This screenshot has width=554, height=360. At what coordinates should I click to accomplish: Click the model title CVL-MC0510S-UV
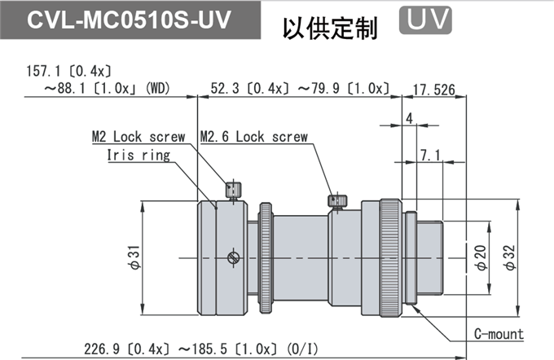click(x=129, y=20)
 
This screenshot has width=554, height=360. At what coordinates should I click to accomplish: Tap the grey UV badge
click(x=425, y=20)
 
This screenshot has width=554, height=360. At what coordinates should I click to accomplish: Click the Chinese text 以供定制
click(x=330, y=29)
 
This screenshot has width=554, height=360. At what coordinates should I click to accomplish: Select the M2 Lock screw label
click(x=138, y=137)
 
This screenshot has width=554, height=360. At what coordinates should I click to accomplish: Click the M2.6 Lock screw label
click(x=254, y=137)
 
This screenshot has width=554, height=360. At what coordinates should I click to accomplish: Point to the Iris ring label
click(x=138, y=155)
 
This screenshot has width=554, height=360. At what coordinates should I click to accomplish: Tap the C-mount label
click(x=499, y=334)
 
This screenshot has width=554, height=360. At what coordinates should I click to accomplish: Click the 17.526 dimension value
click(x=434, y=90)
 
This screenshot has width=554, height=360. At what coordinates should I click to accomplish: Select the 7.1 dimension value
click(x=430, y=155)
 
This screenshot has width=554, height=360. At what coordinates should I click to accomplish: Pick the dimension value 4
click(x=410, y=118)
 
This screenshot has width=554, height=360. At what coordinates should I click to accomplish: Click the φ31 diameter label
click(x=135, y=257)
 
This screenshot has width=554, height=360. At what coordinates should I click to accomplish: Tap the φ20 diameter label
click(x=481, y=258)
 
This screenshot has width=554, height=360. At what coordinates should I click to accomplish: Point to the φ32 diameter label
click(x=510, y=258)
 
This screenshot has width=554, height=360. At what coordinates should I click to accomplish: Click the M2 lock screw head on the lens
click(x=234, y=189)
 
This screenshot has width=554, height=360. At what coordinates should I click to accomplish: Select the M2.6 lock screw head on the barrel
click(x=337, y=200)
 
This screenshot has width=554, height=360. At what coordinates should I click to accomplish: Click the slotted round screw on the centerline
click(x=233, y=257)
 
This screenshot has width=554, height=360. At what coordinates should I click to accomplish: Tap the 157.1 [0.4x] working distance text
click(x=69, y=72)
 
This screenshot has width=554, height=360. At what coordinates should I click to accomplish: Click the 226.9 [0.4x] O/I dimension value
click(x=126, y=349)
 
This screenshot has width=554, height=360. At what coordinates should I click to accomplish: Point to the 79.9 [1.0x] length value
click(x=344, y=88)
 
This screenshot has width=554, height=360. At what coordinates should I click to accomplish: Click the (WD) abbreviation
click(x=157, y=88)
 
